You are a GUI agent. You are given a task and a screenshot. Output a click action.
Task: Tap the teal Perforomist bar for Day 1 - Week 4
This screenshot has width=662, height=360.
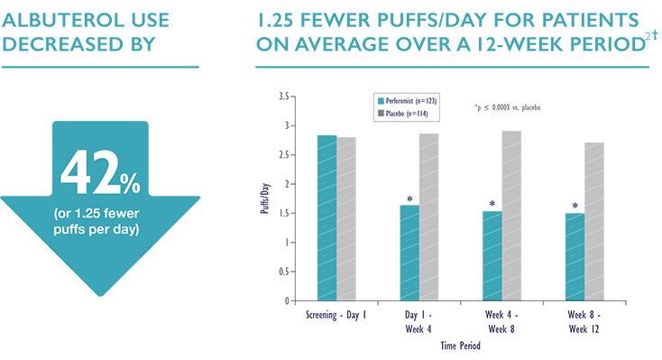(x=409, y=253)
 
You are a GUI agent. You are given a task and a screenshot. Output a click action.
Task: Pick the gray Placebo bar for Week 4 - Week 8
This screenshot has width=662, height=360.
(x=510, y=216)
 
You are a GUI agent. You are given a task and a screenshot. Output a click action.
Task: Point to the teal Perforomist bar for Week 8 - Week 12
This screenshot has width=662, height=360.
(x=575, y=257)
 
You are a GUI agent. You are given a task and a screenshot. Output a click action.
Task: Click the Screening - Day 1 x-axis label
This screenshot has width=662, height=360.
(x=336, y=315)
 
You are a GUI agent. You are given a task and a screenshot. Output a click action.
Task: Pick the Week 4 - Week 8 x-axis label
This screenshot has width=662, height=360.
(x=501, y=321)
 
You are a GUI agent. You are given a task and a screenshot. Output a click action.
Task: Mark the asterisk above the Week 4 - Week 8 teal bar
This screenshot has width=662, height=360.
(x=492, y=204)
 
